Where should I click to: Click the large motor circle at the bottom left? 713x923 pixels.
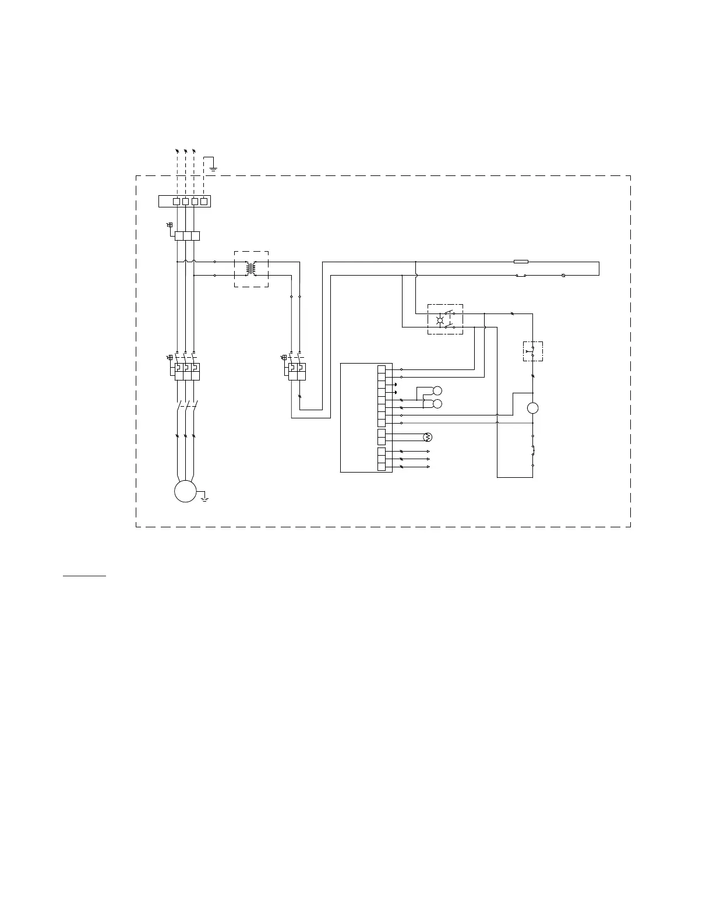point(185,491)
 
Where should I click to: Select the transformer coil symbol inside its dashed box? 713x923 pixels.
point(251,269)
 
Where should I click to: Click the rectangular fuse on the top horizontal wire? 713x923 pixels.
point(521,262)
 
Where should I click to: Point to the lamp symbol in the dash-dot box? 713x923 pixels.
point(440,319)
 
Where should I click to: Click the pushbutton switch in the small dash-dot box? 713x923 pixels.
point(532,351)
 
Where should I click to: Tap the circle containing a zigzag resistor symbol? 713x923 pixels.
point(426,437)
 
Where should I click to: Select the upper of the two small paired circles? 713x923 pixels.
point(437,390)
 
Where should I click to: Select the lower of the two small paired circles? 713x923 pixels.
point(437,404)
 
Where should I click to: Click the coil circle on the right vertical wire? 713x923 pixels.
point(532,408)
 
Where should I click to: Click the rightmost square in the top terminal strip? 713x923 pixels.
point(203,201)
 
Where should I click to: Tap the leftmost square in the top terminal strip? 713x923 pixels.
point(177,201)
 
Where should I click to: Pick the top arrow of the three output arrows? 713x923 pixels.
point(428,452)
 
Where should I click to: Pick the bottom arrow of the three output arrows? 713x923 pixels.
point(428,467)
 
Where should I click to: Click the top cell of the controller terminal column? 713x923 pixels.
point(381,369)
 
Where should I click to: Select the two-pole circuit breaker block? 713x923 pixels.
point(297,372)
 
